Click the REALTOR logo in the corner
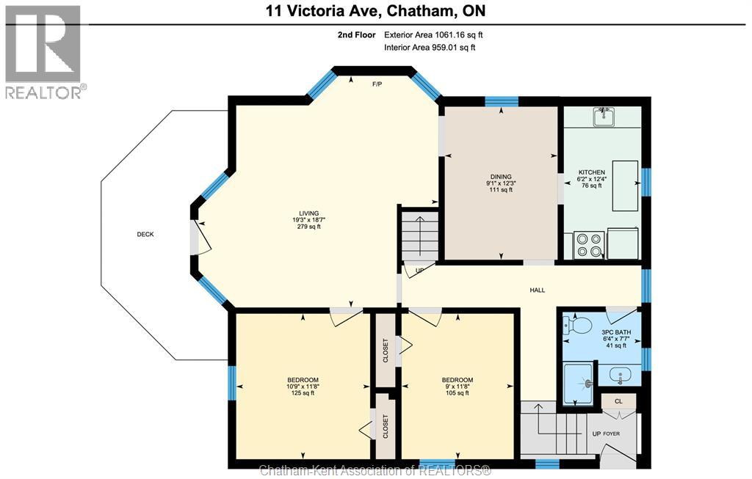pos(43,51)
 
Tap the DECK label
pos(145,234)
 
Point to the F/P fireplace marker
pos(377,84)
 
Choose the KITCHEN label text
pos(590,171)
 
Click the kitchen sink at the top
pos(604,116)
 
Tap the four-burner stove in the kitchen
pos(588,245)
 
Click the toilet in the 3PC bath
pos(579,324)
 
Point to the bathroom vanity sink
pos(621,376)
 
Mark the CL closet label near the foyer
pos(618,401)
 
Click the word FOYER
pos(612,434)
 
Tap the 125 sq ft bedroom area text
pos(303,393)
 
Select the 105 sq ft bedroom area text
pos(458,393)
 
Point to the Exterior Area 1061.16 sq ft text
pos(433,34)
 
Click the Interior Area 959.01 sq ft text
pos(430,48)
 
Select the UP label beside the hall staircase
pos(420,271)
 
